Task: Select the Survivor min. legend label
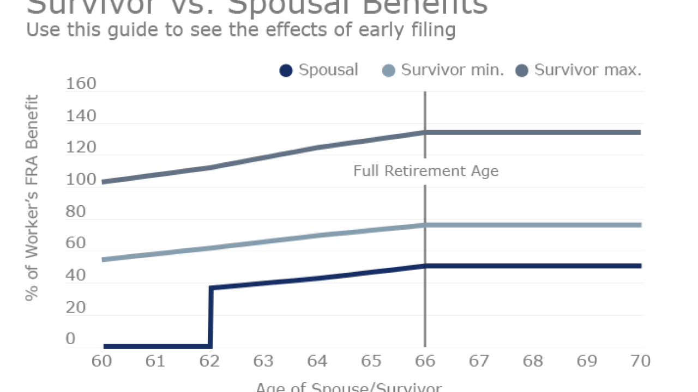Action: (452, 70)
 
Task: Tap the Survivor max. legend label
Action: (588, 70)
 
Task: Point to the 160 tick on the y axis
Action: (81, 84)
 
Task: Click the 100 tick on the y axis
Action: (81, 180)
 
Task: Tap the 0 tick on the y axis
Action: (70, 339)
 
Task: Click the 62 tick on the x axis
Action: (209, 361)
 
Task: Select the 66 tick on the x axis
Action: (425, 361)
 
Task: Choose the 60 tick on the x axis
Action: (102, 361)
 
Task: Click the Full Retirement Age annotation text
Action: (426, 171)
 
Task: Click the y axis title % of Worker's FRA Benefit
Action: (32, 198)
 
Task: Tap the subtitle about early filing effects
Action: (240, 29)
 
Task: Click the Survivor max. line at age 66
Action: (425, 132)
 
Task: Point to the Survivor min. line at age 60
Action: (104, 259)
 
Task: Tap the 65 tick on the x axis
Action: (371, 361)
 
